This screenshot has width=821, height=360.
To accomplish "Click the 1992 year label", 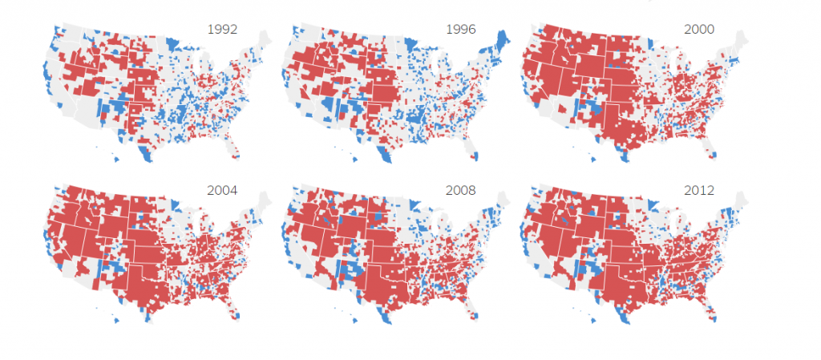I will pos(222,29).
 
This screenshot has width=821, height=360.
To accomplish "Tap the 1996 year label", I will pos(461,29).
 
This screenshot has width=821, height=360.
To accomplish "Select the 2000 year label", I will pos(699,29).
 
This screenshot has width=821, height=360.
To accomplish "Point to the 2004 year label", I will pos(222,191).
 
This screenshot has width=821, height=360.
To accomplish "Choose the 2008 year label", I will pos(461,191).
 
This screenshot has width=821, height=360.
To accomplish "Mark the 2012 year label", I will pos(699,191).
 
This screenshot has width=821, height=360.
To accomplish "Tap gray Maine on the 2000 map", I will pos(742,39).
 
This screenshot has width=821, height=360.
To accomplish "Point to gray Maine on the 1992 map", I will pos(264,39).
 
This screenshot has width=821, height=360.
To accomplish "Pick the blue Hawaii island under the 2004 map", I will pos(117,321).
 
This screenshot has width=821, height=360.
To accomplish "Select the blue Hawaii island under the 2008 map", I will pos(357,321).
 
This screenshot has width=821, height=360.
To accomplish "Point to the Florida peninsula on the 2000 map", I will pos(712,148).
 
